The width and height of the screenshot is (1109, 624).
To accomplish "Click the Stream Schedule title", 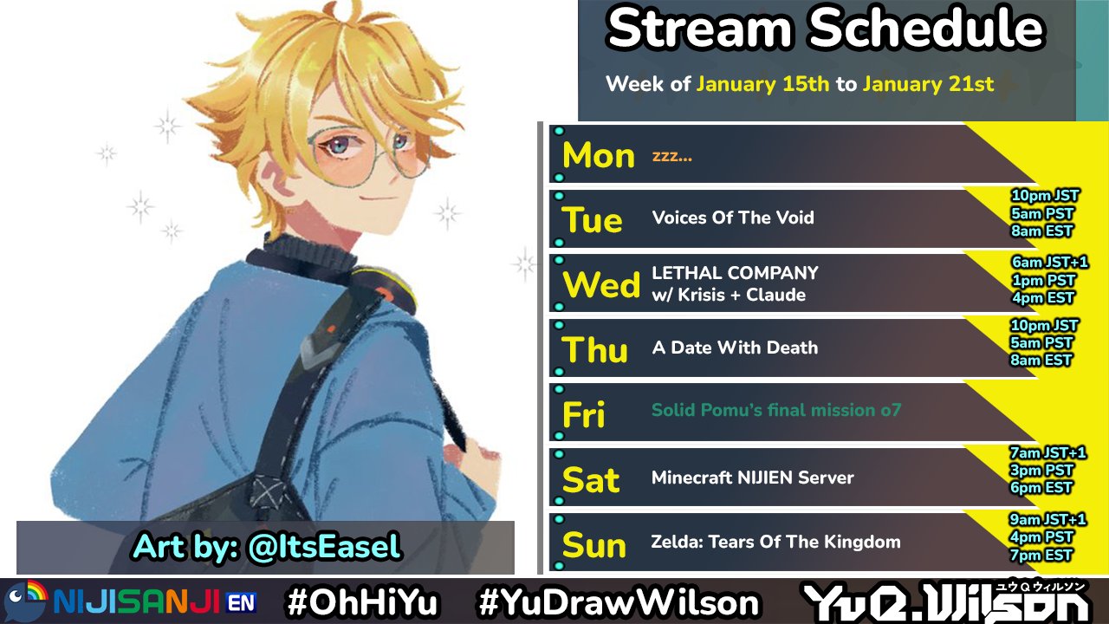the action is point(826,29).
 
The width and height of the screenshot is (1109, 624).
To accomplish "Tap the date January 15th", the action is point(763,84).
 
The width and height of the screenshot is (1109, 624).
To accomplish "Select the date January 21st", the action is point(928,84).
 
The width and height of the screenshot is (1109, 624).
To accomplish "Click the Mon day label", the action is point(599,155).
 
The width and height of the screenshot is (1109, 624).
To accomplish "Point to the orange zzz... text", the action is point(671,157).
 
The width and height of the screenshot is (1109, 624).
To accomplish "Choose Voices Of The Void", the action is point(733,218).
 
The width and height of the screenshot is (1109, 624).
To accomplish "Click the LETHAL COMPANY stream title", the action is point(735,273).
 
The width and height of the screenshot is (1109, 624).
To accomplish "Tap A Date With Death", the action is point(735,348).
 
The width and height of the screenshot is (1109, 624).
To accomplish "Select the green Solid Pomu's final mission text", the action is point(775,410).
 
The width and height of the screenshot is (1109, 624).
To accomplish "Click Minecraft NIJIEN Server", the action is point(753,478).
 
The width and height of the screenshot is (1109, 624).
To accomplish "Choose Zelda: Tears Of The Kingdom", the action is point(775,542).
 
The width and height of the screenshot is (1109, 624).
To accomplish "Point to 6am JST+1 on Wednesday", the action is point(1049,262).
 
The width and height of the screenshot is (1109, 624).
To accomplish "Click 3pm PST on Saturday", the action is point(1041,470).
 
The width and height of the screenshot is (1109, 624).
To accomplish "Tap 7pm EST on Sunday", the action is point(1041,556).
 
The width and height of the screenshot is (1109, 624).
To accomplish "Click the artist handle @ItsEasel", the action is point(324,547).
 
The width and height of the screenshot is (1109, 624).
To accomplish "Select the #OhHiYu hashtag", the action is point(363,602).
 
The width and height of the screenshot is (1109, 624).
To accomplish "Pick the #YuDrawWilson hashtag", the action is point(619,602).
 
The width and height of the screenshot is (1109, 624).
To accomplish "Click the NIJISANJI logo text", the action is point(136,601).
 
